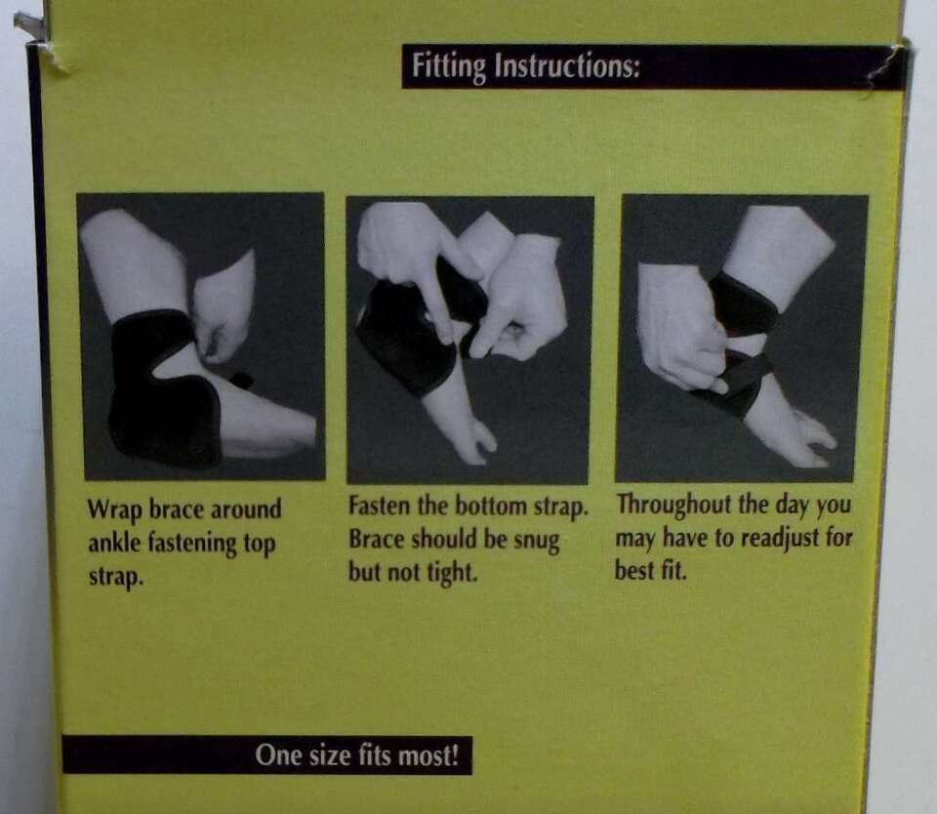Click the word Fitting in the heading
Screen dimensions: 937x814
[448, 65]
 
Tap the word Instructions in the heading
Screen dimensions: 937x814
[566, 65]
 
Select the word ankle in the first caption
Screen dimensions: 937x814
[113, 544]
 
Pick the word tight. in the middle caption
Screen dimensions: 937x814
[451, 573]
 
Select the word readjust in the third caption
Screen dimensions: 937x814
[780, 539]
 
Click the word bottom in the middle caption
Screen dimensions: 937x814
[492, 507]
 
